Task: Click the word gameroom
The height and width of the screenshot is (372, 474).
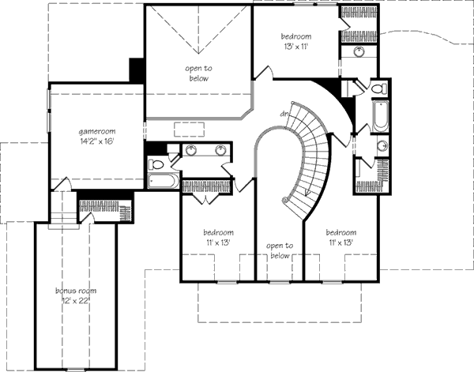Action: click(x=97, y=132)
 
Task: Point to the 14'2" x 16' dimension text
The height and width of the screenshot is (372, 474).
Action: click(x=97, y=141)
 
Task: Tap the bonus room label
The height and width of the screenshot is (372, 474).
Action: click(x=76, y=291)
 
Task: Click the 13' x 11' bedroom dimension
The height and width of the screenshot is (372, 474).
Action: click(x=296, y=47)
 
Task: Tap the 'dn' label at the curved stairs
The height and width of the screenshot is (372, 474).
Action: click(x=284, y=114)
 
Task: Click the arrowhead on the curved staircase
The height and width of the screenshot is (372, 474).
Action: click(x=307, y=193)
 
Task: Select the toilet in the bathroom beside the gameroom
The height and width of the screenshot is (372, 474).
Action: click(x=156, y=165)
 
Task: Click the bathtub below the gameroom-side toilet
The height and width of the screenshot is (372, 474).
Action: click(x=164, y=181)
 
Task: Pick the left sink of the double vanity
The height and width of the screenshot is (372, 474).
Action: click(x=190, y=150)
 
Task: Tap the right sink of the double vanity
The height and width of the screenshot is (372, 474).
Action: click(x=220, y=150)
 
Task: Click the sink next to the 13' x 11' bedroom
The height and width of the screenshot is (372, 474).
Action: click(x=359, y=51)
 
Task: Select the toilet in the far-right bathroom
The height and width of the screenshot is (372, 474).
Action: click(x=379, y=88)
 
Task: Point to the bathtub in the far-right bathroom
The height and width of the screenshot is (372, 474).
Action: click(x=380, y=116)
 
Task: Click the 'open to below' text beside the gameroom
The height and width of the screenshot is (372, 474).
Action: click(x=199, y=73)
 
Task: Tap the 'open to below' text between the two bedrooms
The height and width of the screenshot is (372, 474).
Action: click(x=280, y=251)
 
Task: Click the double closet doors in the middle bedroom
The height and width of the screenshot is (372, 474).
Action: click(x=205, y=198)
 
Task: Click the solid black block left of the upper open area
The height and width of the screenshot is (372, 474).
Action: click(x=137, y=70)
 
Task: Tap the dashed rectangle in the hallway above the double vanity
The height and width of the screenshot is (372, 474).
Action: click(x=190, y=130)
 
